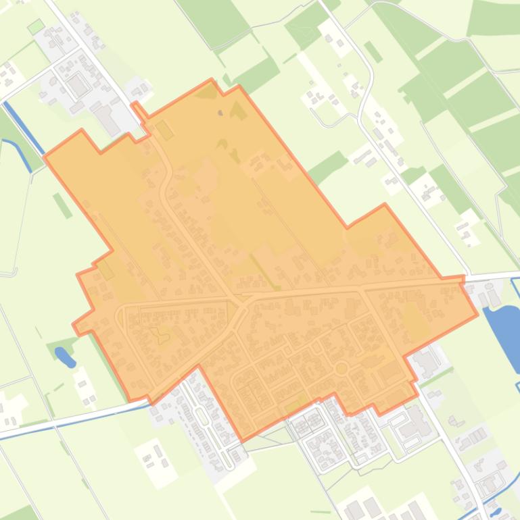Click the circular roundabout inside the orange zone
(341, 369)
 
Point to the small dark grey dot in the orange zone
(220, 113)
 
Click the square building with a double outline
(78, 86)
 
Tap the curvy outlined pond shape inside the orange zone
(160, 335)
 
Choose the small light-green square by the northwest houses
(35, 28)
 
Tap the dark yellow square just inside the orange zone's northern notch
(164, 130)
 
